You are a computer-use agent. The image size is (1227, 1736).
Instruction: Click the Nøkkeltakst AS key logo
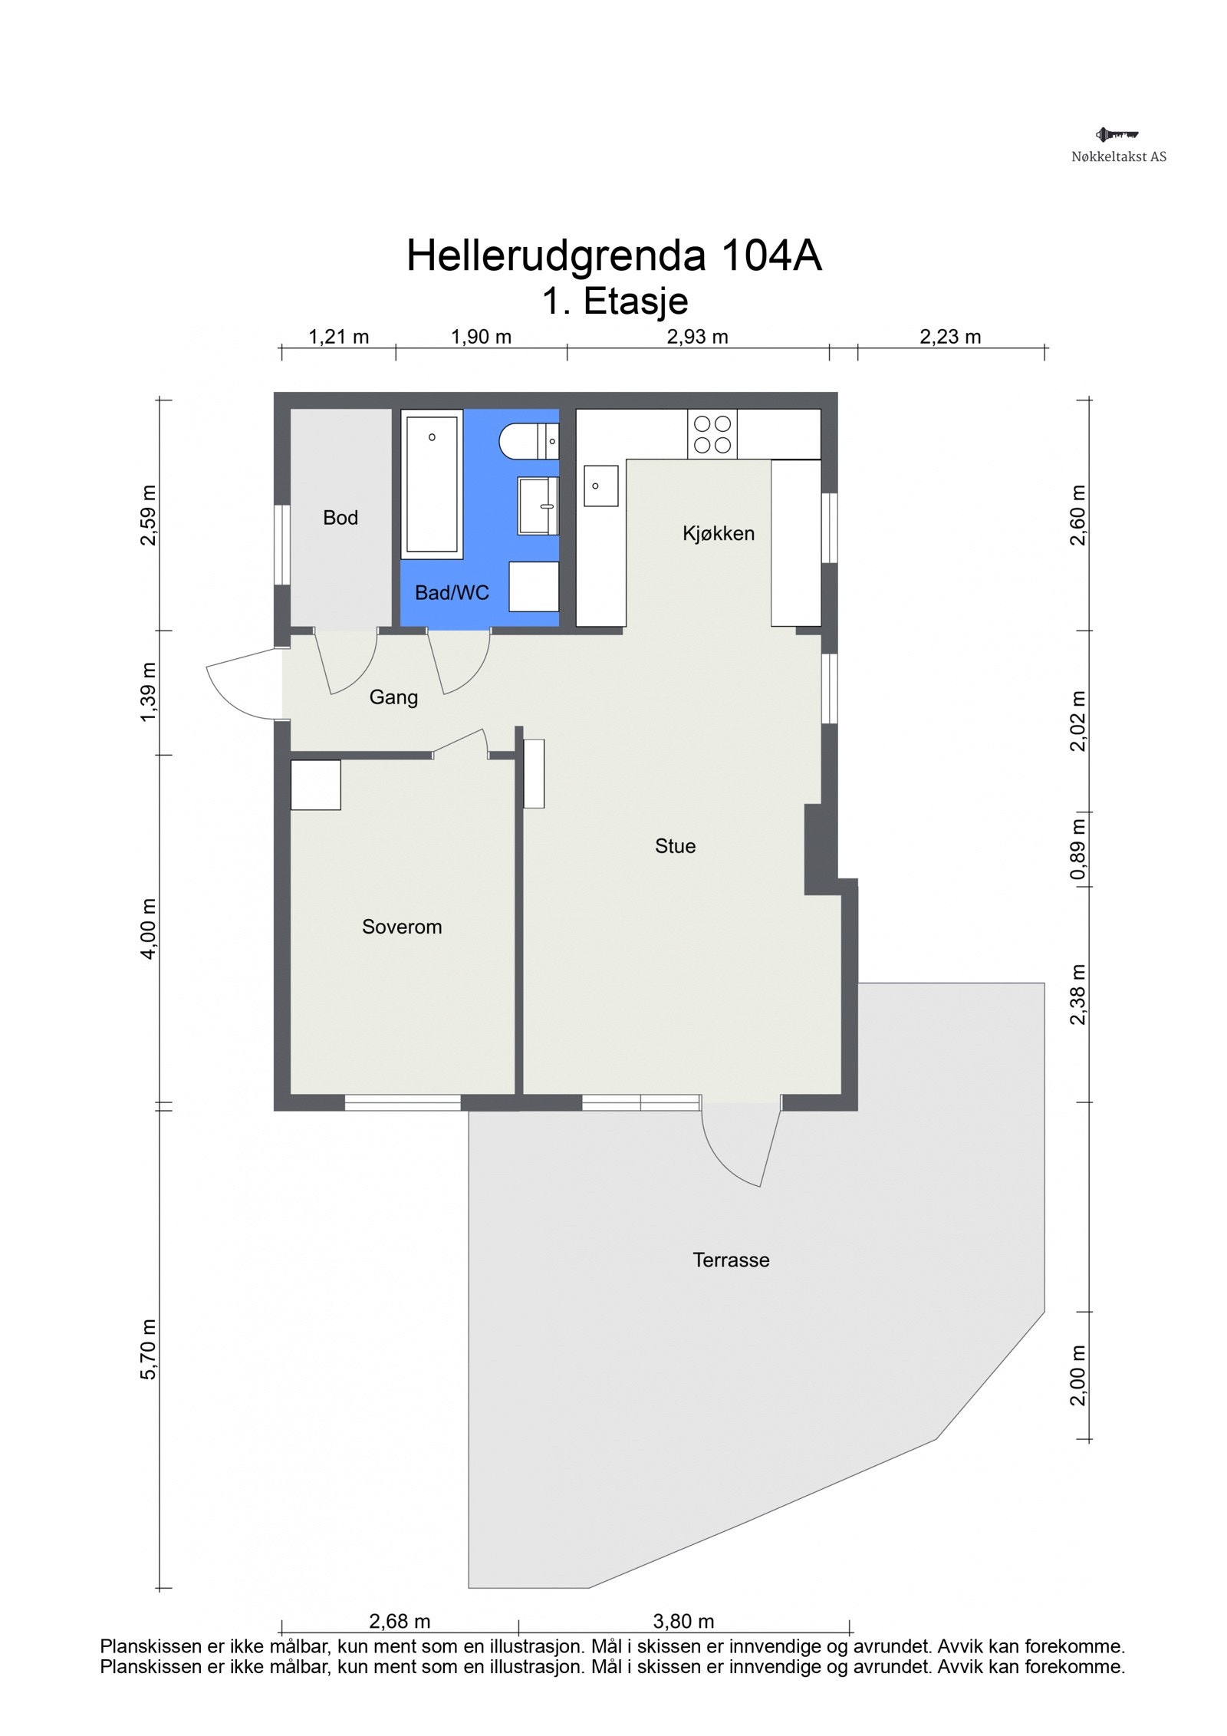point(1117,135)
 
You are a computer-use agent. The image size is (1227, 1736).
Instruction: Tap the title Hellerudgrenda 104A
point(613,255)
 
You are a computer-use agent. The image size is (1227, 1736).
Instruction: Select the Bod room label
point(340,518)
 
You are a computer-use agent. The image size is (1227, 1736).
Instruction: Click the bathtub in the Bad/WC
point(433,483)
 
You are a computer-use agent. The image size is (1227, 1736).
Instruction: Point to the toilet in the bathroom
point(528,442)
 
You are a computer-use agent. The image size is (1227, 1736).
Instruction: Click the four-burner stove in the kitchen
point(712,434)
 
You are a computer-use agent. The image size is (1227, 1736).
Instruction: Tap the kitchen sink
point(601,486)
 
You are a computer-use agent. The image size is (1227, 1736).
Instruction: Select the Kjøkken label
point(719,533)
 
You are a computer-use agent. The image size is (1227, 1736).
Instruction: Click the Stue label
point(675,846)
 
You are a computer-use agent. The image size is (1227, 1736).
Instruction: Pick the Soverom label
point(402,927)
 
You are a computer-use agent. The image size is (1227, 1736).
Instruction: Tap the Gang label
point(393,697)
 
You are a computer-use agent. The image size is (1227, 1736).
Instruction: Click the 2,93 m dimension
point(697,337)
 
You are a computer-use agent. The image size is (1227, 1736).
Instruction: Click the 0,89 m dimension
point(1079,850)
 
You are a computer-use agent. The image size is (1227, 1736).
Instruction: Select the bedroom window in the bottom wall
point(403,1102)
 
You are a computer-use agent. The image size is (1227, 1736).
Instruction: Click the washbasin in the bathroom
point(538,506)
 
